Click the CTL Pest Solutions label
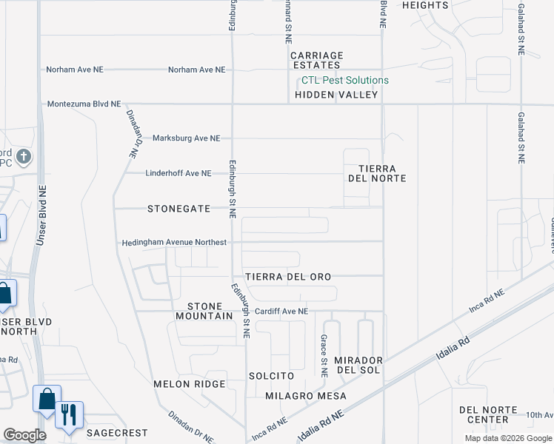pyautogui.click(x=344, y=81)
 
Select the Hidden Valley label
pyautogui.click(x=337, y=95)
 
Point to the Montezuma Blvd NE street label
pyautogui.click(x=84, y=105)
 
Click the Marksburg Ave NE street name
pyautogui.click(x=187, y=138)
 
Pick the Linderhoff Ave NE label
pyautogui.click(x=178, y=173)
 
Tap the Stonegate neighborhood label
pyautogui.click(x=179, y=209)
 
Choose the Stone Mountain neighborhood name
pyautogui.click(x=204, y=311)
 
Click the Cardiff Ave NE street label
pyautogui.click(x=281, y=312)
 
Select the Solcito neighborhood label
pyautogui.click(x=272, y=376)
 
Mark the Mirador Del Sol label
pyautogui.click(x=358, y=364)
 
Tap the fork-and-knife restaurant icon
pyautogui.click(x=69, y=415)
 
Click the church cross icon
pyautogui.click(x=24, y=156)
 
